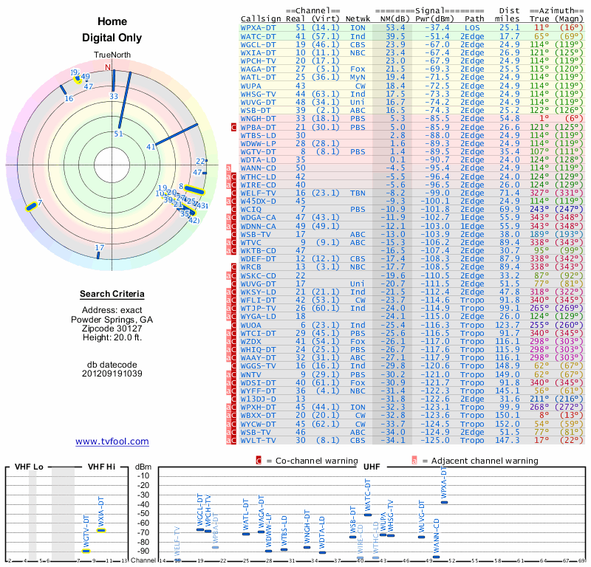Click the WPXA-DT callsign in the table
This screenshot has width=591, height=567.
coord(259,27)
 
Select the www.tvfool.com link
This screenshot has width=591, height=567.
coord(112,441)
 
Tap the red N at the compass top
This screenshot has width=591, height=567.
coord(109,67)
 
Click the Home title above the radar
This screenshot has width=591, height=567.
coord(112,22)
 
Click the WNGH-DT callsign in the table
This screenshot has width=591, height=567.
coord(259,117)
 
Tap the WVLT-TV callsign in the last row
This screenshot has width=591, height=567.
coord(259,440)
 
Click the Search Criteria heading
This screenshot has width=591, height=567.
coord(112,295)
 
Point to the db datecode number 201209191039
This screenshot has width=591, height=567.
coord(112,374)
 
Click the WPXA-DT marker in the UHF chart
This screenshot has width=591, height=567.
coord(444,502)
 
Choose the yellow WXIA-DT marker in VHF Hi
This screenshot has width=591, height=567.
coord(101,530)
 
